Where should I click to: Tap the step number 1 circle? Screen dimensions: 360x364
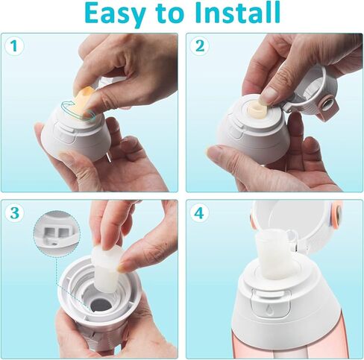13,46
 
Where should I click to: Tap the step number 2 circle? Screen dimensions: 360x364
198,46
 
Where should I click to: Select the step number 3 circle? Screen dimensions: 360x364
13,212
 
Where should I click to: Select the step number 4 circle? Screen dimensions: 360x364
198,212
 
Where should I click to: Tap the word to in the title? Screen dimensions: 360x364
174,14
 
